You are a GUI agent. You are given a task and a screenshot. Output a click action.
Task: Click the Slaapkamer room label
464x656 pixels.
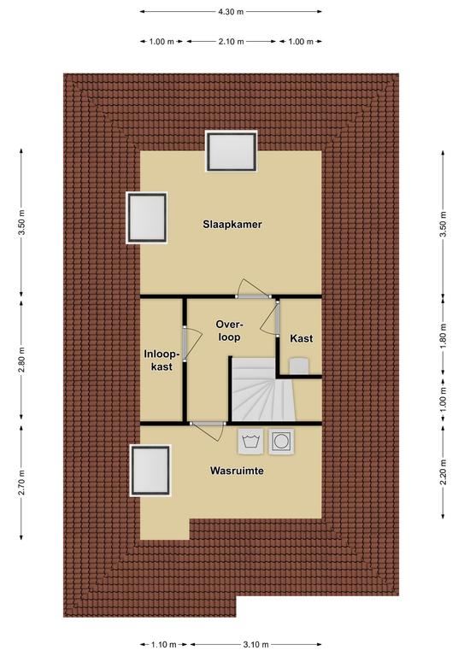(232, 225)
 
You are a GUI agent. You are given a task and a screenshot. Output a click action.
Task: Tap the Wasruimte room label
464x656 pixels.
(237, 471)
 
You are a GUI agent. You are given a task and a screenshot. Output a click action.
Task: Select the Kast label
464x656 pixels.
(302, 338)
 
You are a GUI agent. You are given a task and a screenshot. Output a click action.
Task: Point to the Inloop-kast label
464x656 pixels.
(162, 360)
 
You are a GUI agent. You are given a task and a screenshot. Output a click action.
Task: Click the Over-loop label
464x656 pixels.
(229, 331)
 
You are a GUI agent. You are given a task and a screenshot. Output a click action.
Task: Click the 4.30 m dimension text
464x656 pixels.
(231, 12)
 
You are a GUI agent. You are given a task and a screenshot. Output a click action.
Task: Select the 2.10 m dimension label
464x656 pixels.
(231, 41)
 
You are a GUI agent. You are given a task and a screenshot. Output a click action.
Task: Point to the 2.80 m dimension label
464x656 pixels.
(21, 360)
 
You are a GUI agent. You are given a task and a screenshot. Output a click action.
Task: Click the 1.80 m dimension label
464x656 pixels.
(443, 336)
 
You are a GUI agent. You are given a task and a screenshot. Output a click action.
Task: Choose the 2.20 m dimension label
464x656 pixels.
(443, 471)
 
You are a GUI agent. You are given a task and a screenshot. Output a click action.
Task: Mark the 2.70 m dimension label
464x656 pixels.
(21, 483)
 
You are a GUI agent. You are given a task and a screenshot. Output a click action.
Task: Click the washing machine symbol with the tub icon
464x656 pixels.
(250, 442)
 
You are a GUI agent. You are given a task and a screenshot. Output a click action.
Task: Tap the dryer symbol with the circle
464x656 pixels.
(281, 442)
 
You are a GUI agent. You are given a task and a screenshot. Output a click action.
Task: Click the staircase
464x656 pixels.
(263, 389)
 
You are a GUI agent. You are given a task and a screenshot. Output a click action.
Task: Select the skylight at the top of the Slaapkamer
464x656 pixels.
(231, 151)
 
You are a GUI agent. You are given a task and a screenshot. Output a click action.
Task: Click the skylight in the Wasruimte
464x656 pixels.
(150, 471)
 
